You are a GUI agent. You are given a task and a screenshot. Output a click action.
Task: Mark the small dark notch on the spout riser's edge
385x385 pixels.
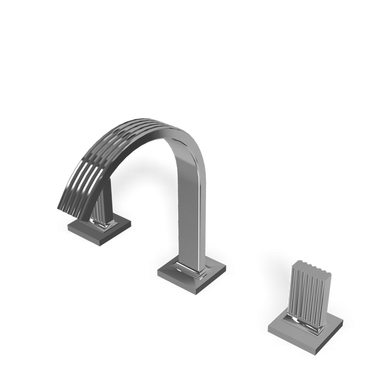tap(207, 199)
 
